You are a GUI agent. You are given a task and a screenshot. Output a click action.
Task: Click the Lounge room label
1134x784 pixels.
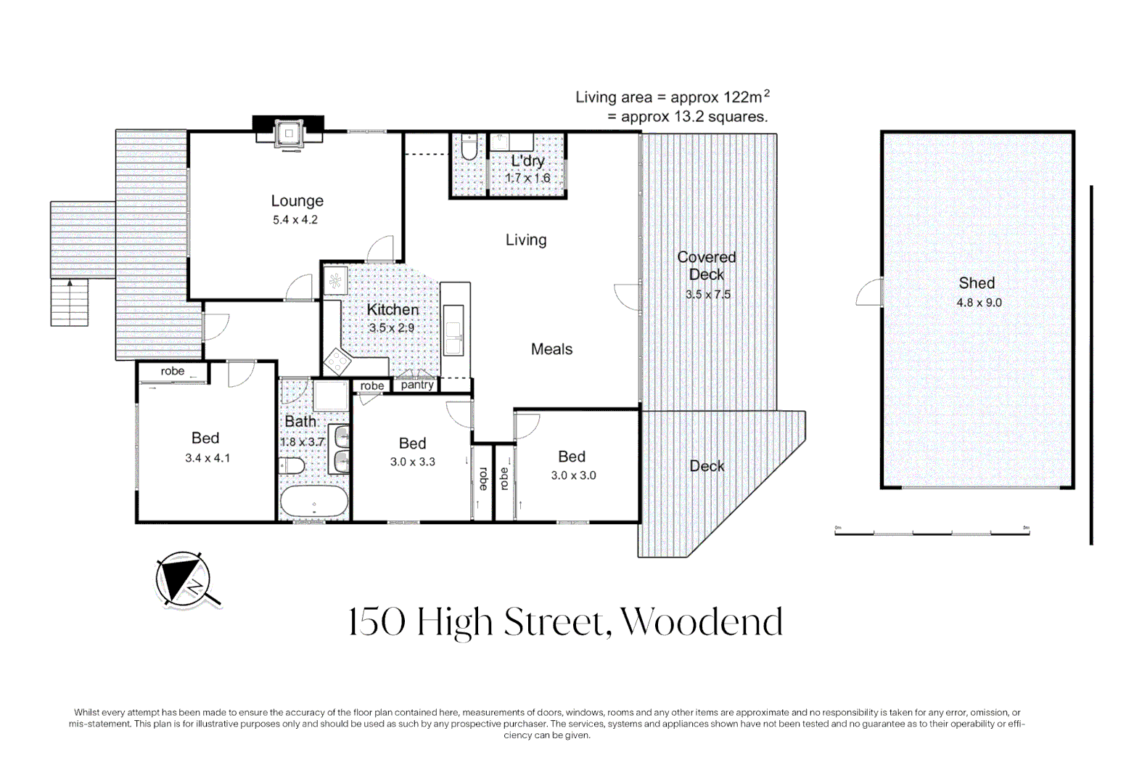(x=297, y=201)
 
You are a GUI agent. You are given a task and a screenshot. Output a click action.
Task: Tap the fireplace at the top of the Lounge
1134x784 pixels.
(x=288, y=133)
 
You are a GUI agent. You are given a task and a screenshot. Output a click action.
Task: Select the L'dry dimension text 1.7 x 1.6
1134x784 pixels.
(x=527, y=179)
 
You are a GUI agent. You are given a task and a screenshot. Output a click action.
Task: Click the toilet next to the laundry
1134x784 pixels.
(x=469, y=147)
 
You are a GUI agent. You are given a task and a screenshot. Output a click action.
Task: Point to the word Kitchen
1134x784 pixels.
(x=393, y=309)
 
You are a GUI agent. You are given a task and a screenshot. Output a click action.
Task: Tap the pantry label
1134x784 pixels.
(x=417, y=385)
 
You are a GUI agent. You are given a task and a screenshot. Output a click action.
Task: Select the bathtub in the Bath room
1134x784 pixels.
(x=314, y=502)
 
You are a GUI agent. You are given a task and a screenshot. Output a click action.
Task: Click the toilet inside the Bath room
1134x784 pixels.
(x=291, y=465)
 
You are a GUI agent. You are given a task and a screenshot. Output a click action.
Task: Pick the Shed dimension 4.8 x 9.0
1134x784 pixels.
(x=979, y=303)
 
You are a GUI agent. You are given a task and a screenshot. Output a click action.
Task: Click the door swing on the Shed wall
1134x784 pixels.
(x=868, y=293)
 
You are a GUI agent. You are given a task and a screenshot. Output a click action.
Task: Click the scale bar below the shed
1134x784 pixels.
(x=932, y=531)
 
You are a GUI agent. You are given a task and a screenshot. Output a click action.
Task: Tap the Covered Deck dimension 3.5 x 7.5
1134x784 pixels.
(x=707, y=294)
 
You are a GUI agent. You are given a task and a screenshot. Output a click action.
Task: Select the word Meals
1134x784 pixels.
(x=552, y=349)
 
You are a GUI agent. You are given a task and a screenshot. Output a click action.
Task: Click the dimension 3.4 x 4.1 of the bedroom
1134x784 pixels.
(x=208, y=458)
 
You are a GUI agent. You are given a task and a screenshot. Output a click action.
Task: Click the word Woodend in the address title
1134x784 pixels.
(x=702, y=622)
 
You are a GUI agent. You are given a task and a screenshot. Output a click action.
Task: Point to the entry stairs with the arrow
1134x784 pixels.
(x=70, y=303)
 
